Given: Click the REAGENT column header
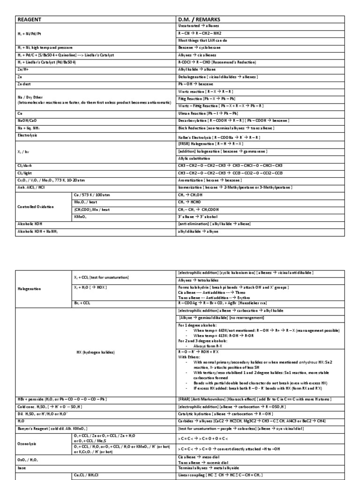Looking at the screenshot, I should click(30, 19).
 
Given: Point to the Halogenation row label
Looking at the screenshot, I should click(29, 289).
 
